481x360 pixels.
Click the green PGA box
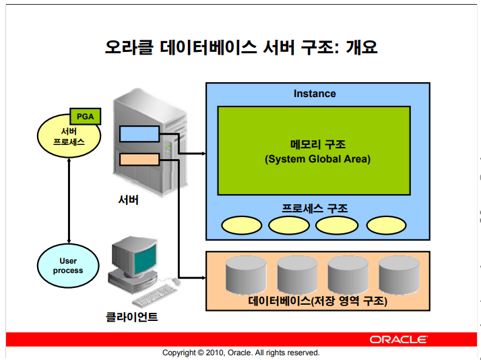point(86,117)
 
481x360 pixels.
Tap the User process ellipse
point(68,266)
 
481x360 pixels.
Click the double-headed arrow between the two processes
point(69,201)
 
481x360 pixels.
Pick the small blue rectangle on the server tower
point(139,133)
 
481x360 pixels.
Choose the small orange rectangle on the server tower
point(139,160)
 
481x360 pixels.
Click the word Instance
point(315,94)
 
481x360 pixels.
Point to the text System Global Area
point(318,159)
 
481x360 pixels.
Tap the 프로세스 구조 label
point(315,209)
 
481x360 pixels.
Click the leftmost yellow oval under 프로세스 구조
point(242,225)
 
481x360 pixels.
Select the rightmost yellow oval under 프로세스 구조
point(386,225)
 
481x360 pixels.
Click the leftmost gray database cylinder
point(246,275)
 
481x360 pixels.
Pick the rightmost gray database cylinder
point(399,275)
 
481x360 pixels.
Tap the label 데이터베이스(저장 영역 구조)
point(318,301)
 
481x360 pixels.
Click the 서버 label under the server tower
point(129,200)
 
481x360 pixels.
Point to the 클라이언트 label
point(131,317)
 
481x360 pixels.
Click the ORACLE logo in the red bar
point(399,340)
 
